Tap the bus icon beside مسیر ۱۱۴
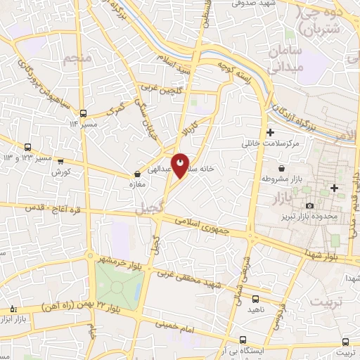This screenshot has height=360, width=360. (x=84, y=113)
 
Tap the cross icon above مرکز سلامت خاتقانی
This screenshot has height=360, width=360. (x=271, y=132)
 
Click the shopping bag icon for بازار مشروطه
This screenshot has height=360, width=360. (x=281, y=169)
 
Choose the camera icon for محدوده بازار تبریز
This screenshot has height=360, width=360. (x=310, y=205)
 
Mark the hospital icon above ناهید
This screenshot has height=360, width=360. (x=254, y=299)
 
